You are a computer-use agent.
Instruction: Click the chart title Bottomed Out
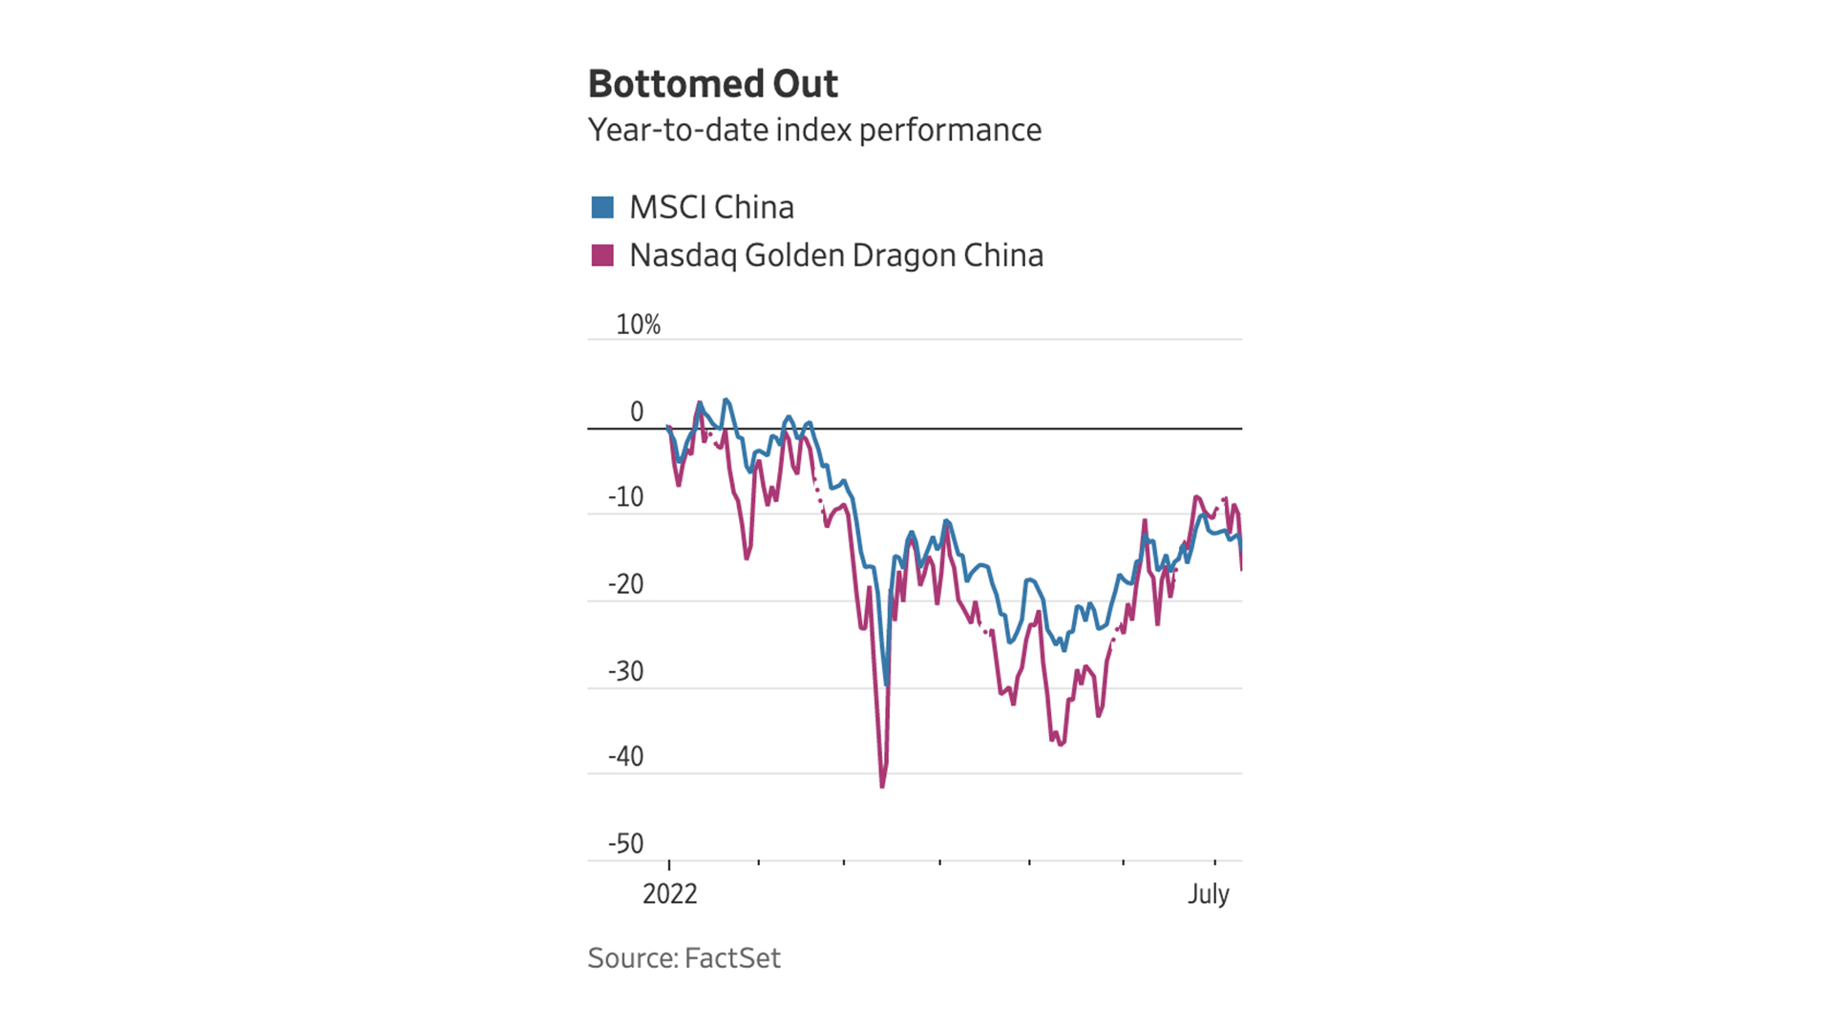pos(712,84)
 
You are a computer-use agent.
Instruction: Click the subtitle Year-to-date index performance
pos(814,130)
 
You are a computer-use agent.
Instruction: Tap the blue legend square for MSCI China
pos(602,207)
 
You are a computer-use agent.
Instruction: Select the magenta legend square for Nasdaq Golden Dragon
pos(602,255)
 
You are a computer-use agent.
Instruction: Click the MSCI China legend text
pos(711,207)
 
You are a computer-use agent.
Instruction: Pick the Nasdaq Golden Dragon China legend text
pos(835,256)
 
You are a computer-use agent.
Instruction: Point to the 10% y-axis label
pos(638,325)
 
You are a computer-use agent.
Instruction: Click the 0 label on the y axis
pos(637,411)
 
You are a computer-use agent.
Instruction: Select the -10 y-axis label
pos(625,497)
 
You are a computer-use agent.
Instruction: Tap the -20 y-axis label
pos(625,584)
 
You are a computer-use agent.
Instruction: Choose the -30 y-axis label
pos(625,671)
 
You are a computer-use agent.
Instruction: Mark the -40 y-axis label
pos(625,757)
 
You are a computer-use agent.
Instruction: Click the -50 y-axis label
pos(625,844)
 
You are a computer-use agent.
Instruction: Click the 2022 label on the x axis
pos(669,894)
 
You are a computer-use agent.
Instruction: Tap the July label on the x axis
pos(1208,894)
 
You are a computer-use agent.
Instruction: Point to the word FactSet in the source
pos(732,957)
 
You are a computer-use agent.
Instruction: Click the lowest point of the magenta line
pos(882,787)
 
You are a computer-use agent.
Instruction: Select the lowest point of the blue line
pos(887,684)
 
